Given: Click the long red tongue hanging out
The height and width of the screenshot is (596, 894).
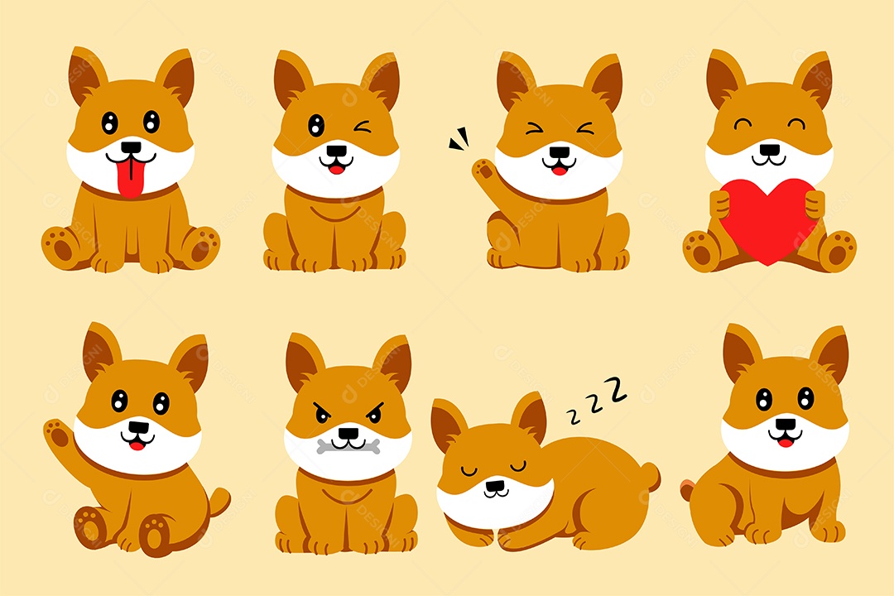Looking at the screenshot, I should (129, 180).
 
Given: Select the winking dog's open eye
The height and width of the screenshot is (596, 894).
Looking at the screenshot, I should (316, 126).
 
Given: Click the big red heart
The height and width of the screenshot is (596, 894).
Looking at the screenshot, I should (768, 218).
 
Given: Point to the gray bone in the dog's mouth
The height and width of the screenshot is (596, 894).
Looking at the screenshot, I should (348, 447).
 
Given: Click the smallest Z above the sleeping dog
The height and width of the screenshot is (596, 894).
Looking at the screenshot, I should (570, 411).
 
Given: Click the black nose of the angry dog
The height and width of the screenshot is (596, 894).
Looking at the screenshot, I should (348, 430).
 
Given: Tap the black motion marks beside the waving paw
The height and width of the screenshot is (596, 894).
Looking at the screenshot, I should (458, 142).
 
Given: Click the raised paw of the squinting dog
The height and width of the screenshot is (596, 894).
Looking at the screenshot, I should (484, 173).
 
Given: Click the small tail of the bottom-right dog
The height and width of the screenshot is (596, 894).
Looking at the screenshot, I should (686, 491).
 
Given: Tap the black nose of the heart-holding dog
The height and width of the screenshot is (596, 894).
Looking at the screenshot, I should (770, 150).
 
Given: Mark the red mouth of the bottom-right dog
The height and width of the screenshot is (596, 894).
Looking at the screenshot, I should (784, 442).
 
